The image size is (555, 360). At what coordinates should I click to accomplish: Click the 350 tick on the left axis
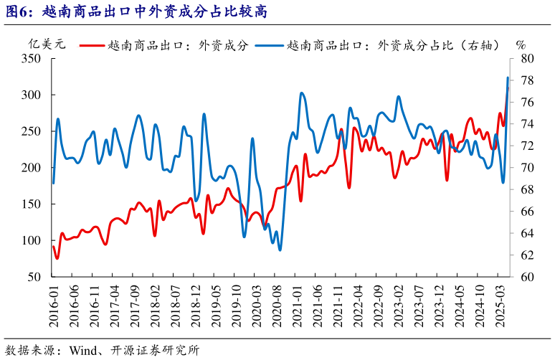pos(39,58)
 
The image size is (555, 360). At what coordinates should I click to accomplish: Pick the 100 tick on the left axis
pos(39,240)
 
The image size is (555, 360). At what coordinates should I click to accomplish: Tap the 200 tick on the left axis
pos(39,168)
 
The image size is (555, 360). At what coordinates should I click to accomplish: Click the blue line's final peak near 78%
pos(508,77)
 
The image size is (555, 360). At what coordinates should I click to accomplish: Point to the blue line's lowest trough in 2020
pos(280,250)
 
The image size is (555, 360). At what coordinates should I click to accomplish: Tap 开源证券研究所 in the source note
pos(159,351)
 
